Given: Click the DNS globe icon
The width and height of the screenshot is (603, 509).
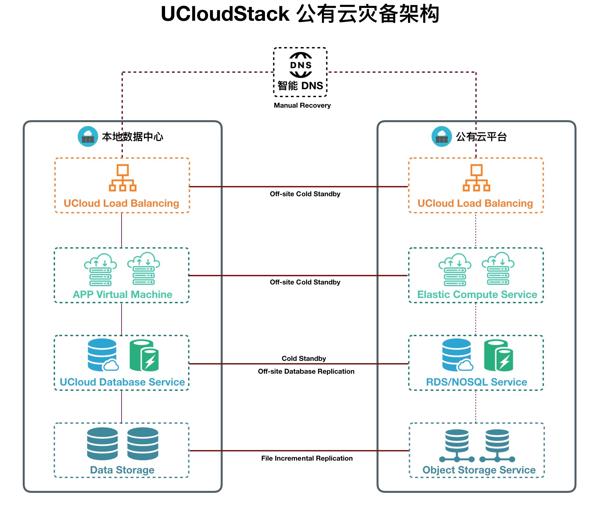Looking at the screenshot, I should tap(301, 65).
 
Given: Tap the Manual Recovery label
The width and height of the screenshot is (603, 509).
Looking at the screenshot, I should tap(302, 105).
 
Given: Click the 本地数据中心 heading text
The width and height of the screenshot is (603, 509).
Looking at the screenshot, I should tap(132, 137).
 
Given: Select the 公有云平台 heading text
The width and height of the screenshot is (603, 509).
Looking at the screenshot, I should tap(481, 137).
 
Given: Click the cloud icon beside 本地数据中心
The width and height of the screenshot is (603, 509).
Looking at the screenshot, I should tap(88, 136).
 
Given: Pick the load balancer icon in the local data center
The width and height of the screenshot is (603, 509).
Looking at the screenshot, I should tap(123, 178).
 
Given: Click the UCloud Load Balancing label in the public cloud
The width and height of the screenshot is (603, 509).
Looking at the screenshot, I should tap(475, 203).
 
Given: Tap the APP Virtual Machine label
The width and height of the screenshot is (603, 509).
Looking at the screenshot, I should tap(123, 294).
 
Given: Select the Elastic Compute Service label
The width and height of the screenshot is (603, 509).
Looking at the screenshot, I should tap(477, 294).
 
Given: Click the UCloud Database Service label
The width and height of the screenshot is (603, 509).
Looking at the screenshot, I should tap(122, 382).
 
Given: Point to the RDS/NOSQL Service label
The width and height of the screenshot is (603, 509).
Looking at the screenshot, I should tap(476, 382).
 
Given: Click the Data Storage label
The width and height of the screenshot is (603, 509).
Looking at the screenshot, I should tap(122, 470).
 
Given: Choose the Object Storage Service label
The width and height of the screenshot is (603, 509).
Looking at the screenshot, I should tap(479, 470).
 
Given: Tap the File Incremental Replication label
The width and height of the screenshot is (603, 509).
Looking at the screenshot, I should tap(307, 458).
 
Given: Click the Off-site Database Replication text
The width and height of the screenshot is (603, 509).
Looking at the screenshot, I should tap(306, 371).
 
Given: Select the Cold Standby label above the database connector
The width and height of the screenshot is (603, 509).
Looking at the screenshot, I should tap(304, 359).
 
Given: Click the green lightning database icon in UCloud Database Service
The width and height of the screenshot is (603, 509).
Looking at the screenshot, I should tap(144, 356).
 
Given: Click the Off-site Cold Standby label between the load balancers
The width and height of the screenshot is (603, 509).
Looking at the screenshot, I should tap(305, 194).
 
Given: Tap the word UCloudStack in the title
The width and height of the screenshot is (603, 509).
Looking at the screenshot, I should tap(225, 14).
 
